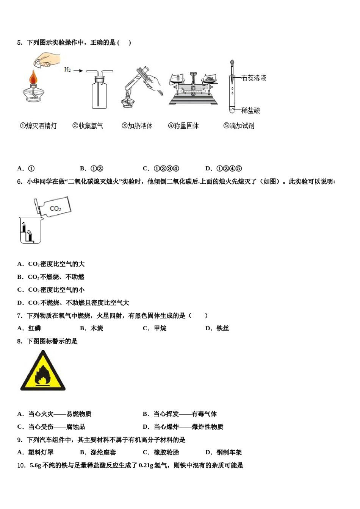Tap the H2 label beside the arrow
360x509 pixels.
tap(67, 70)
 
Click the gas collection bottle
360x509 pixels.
tap(99, 91)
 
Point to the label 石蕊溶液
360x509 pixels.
tap(254, 78)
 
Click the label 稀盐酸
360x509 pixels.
tap(250, 111)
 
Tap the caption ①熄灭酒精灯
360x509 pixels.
tap(38, 126)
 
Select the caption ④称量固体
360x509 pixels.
tap(183, 126)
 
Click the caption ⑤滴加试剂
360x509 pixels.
tap(239, 126)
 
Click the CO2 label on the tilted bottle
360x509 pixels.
tap(55, 208)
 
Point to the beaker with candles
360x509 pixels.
tap(30, 230)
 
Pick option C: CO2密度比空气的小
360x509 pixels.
tap(56, 290)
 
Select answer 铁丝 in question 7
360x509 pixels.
tap(223, 328)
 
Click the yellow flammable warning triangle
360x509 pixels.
tap(43, 372)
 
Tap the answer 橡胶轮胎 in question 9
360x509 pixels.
tap(166, 452)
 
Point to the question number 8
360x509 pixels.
tap(20, 341)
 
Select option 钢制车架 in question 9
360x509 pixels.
tap(229, 452)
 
